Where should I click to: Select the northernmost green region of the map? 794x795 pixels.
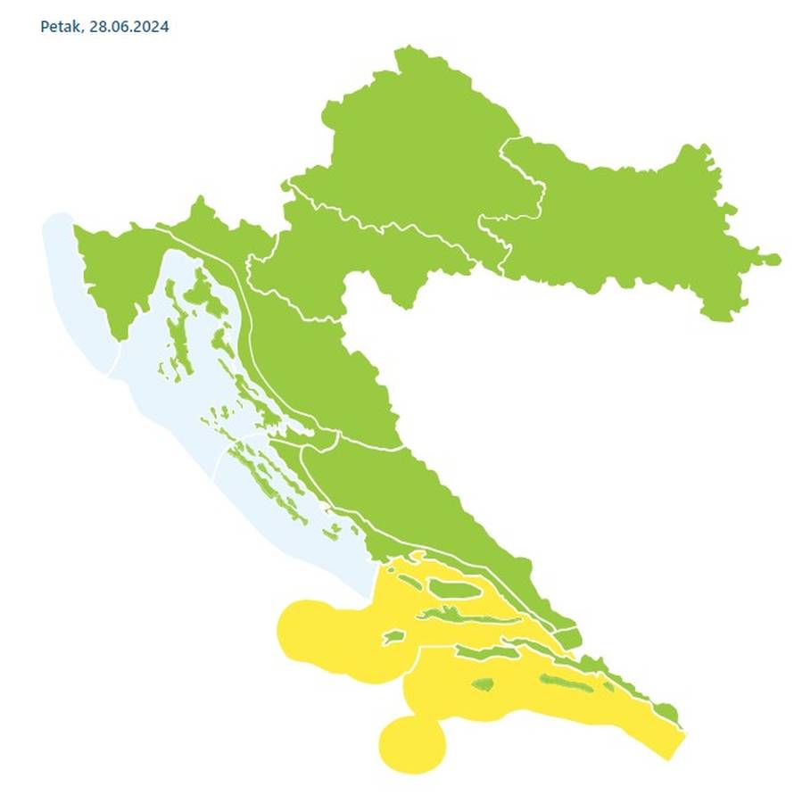[x=410, y=134]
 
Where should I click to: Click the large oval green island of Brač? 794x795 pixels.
[x=455, y=588]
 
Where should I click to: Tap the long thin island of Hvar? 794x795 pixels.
[x=464, y=617]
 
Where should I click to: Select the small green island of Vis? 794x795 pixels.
[x=393, y=638]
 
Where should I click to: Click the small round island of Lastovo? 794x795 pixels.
[x=483, y=685]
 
